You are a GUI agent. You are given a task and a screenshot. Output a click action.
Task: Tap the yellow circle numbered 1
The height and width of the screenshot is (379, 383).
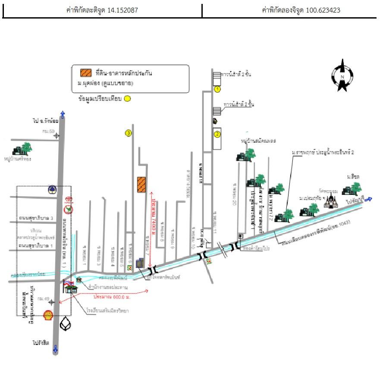(217, 89)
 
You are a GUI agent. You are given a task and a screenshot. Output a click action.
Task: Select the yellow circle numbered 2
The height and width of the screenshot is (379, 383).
(217, 134)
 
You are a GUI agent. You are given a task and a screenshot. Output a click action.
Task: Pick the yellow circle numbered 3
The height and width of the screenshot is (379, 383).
(128, 133)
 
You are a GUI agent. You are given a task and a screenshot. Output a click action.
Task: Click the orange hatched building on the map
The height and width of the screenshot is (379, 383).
(141, 184)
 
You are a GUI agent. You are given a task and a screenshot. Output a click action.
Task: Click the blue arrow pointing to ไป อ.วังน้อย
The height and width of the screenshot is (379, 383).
(63, 115)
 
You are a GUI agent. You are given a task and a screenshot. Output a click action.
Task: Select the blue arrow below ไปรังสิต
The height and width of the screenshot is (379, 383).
(55, 350)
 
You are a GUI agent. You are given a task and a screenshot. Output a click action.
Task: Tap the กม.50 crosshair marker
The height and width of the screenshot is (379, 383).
(57, 136)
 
